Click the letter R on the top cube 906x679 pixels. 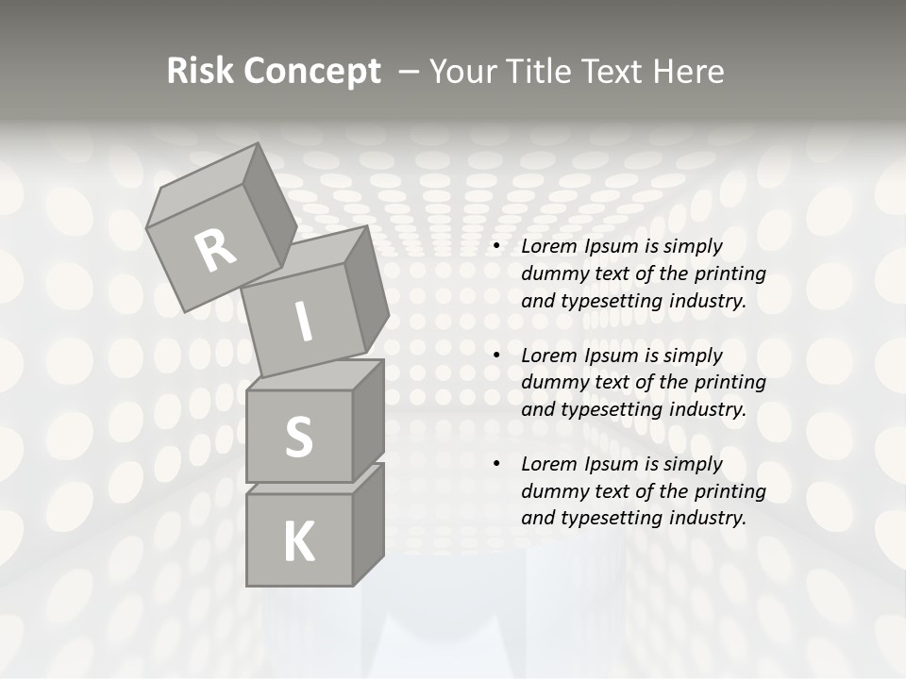coord(215,249)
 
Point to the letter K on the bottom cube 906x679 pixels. coord(298,542)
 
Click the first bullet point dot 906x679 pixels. coord(495,247)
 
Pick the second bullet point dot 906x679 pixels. coord(495,356)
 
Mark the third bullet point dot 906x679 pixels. coord(495,465)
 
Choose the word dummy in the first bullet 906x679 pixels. coord(553,274)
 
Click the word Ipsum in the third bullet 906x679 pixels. coord(612,464)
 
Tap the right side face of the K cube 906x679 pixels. coord(368,524)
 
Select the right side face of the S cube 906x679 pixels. coord(368,421)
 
